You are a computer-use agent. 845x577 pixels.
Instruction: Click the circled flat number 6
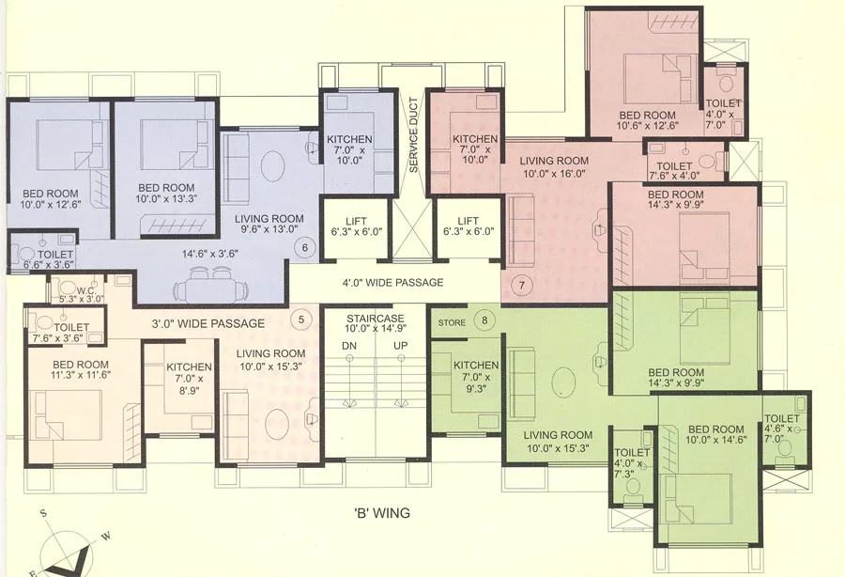(x=302, y=247)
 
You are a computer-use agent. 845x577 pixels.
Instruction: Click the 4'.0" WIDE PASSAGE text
(x=393, y=282)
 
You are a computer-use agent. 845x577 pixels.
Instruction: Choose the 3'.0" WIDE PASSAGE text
(x=208, y=323)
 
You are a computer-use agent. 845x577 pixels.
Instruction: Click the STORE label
(x=452, y=322)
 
